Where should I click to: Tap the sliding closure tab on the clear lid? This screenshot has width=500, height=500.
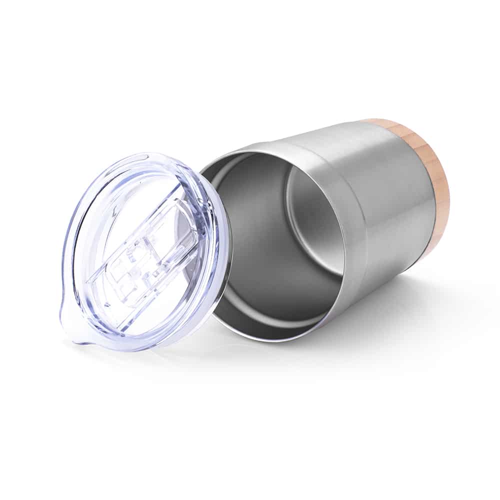(x=150, y=250)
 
